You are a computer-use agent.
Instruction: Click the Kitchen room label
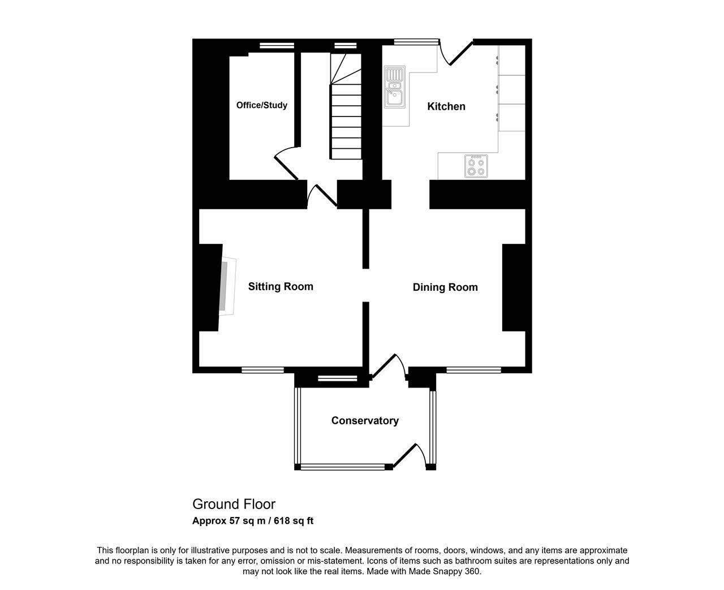(x=446, y=106)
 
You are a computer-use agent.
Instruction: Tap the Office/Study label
(x=262, y=105)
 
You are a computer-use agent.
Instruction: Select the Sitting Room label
(x=281, y=286)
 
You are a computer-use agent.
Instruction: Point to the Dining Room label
(x=445, y=287)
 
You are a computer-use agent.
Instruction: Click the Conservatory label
(x=365, y=421)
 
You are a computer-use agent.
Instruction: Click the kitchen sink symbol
(x=395, y=87)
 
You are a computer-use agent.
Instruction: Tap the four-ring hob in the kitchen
(x=476, y=166)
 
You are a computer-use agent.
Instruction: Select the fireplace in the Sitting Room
(x=227, y=286)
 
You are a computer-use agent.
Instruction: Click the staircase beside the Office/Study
(x=346, y=106)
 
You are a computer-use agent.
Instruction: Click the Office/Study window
(x=277, y=46)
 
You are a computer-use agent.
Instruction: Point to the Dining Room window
(x=473, y=370)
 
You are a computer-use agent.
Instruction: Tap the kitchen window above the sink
(x=416, y=42)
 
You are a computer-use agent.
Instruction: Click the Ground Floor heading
(x=234, y=505)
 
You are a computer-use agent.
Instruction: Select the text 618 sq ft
(x=294, y=521)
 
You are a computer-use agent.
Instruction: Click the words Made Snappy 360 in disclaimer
(x=444, y=571)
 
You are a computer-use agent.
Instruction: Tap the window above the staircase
(x=346, y=46)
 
